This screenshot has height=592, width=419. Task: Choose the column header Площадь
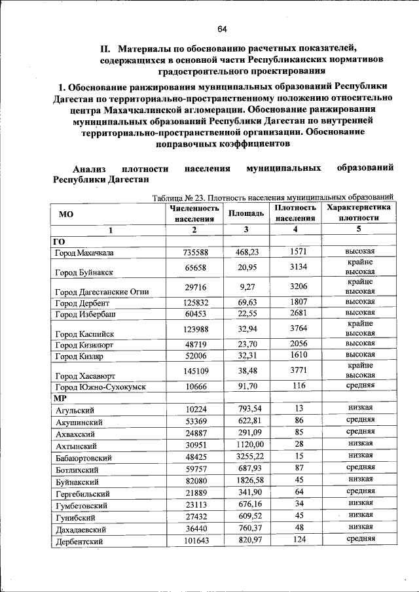click(246, 213)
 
